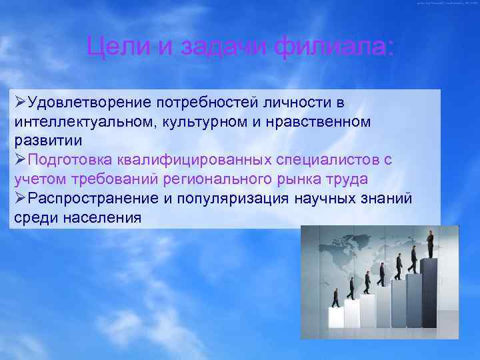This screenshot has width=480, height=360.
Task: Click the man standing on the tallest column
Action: (x=430, y=244)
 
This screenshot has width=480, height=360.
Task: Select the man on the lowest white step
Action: (x=335, y=297)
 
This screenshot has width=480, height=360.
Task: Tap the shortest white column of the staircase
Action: (x=337, y=317)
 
